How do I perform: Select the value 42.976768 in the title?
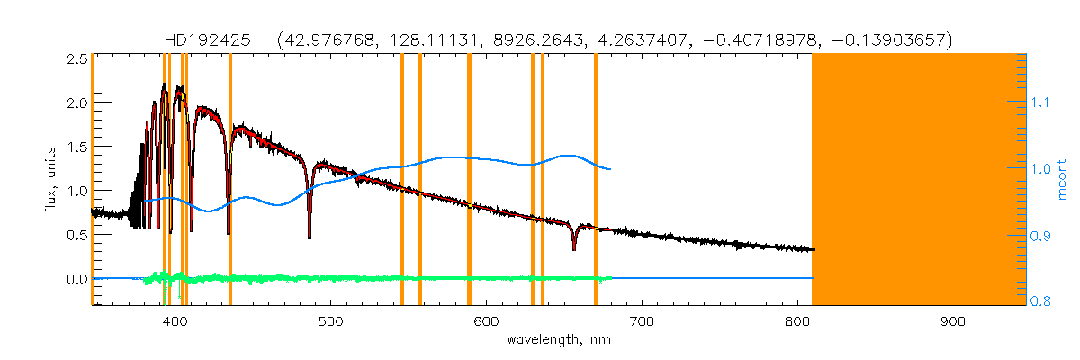coord(325,40)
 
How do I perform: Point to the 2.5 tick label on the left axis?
coord(76,58)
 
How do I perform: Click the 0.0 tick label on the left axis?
coord(76,279)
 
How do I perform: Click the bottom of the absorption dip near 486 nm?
coord(310,237)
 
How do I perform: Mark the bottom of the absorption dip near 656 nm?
coord(574,248)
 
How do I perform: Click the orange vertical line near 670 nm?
coord(596,180)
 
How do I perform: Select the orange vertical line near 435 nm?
coord(230,180)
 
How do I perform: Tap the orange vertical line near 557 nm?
coord(420,180)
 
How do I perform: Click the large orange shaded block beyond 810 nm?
coord(918,180)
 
